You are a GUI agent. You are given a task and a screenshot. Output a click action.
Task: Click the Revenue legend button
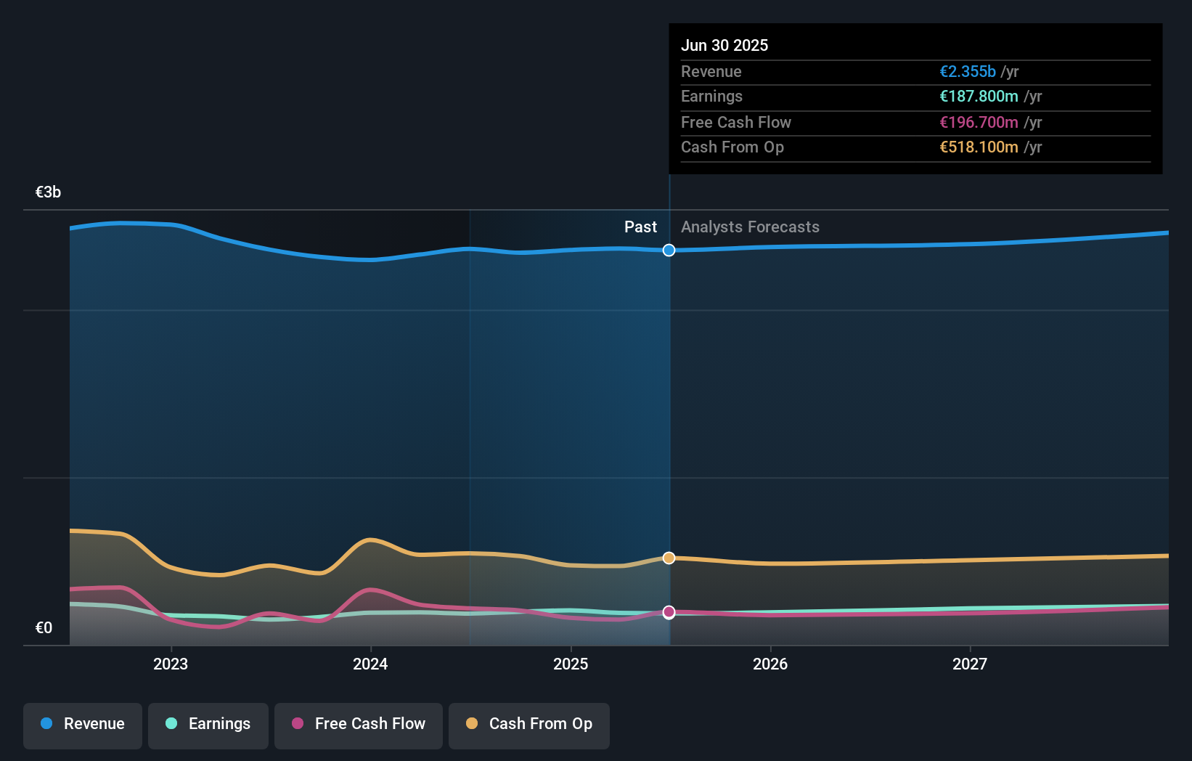tap(83, 724)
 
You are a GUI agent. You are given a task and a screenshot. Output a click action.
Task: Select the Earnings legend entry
tap(208, 724)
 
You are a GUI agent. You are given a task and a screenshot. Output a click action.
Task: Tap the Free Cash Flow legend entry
tap(359, 724)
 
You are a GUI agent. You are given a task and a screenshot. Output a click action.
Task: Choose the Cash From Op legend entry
tap(529, 724)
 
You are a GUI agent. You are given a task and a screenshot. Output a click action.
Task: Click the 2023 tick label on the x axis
tap(171, 664)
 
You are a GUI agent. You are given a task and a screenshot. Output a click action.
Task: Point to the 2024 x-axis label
tap(370, 664)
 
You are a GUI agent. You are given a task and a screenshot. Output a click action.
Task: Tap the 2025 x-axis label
tap(571, 664)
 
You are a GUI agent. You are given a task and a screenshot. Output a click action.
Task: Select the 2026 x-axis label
tap(770, 664)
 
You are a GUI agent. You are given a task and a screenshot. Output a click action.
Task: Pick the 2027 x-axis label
tap(970, 664)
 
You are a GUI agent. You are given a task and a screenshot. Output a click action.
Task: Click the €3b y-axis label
tap(48, 192)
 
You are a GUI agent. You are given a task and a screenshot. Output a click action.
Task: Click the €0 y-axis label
tap(44, 628)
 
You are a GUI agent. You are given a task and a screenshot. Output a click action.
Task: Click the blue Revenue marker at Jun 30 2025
tap(669, 251)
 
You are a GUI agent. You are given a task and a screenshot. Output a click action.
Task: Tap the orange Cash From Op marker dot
tap(669, 558)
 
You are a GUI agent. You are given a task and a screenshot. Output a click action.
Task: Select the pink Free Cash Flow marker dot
tap(669, 612)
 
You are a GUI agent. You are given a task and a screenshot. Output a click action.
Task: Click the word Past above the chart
tap(640, 227)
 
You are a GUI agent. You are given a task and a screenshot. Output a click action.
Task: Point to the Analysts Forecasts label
tap(750, 227)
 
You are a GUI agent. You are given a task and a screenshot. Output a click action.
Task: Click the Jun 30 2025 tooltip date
tap(724, 46)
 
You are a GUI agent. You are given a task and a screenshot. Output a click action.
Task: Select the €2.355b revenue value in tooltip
tap(968, 72)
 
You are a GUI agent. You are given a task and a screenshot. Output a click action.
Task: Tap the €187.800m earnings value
tap(979, 97)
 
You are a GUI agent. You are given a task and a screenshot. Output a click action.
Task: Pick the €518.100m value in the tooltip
tap(979, 147)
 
